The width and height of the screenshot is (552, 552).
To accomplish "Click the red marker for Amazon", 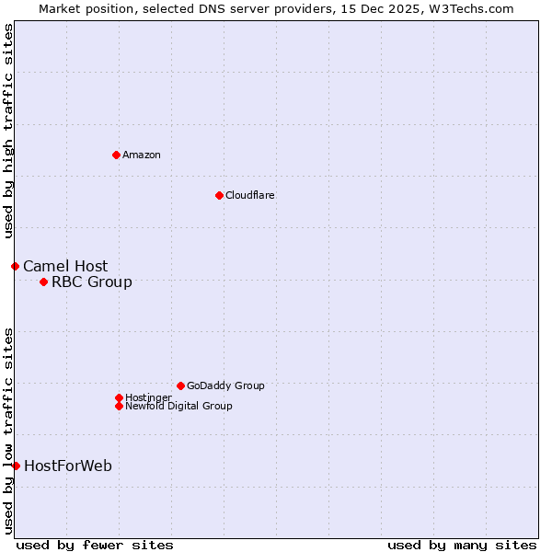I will tap(116, 155).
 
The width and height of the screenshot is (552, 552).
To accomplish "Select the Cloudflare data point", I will tap(219, 195).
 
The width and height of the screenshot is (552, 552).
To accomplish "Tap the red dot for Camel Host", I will tap(15, 266).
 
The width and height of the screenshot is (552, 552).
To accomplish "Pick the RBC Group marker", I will tap(43, 282).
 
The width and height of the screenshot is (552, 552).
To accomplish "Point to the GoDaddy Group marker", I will tap(180, 385).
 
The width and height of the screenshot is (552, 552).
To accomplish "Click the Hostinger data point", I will tap(119, 397).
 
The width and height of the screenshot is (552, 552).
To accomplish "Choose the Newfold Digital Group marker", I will tap(119, 406).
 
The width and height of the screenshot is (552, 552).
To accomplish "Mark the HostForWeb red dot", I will tap(16, 466).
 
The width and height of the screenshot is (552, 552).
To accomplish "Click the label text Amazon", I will tap(142, 155).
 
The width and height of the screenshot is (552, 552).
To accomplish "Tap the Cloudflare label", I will tap(249, 195).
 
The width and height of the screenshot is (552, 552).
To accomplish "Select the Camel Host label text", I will tap(65, 267).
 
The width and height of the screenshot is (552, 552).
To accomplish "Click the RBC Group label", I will tap(92, 282).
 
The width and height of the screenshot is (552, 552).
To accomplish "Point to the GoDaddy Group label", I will tap(225, 385).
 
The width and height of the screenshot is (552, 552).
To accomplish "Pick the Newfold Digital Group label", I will tap(178, 406).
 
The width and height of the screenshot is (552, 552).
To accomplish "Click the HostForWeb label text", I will tap(68, 466).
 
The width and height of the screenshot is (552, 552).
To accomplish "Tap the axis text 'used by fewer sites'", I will tap(95, 545).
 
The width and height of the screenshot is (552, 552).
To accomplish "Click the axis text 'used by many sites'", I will tap(462, 545).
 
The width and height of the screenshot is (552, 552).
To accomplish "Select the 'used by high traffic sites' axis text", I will tap(8, 132).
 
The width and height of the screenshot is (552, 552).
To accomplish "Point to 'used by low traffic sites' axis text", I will tap(8, 430).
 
